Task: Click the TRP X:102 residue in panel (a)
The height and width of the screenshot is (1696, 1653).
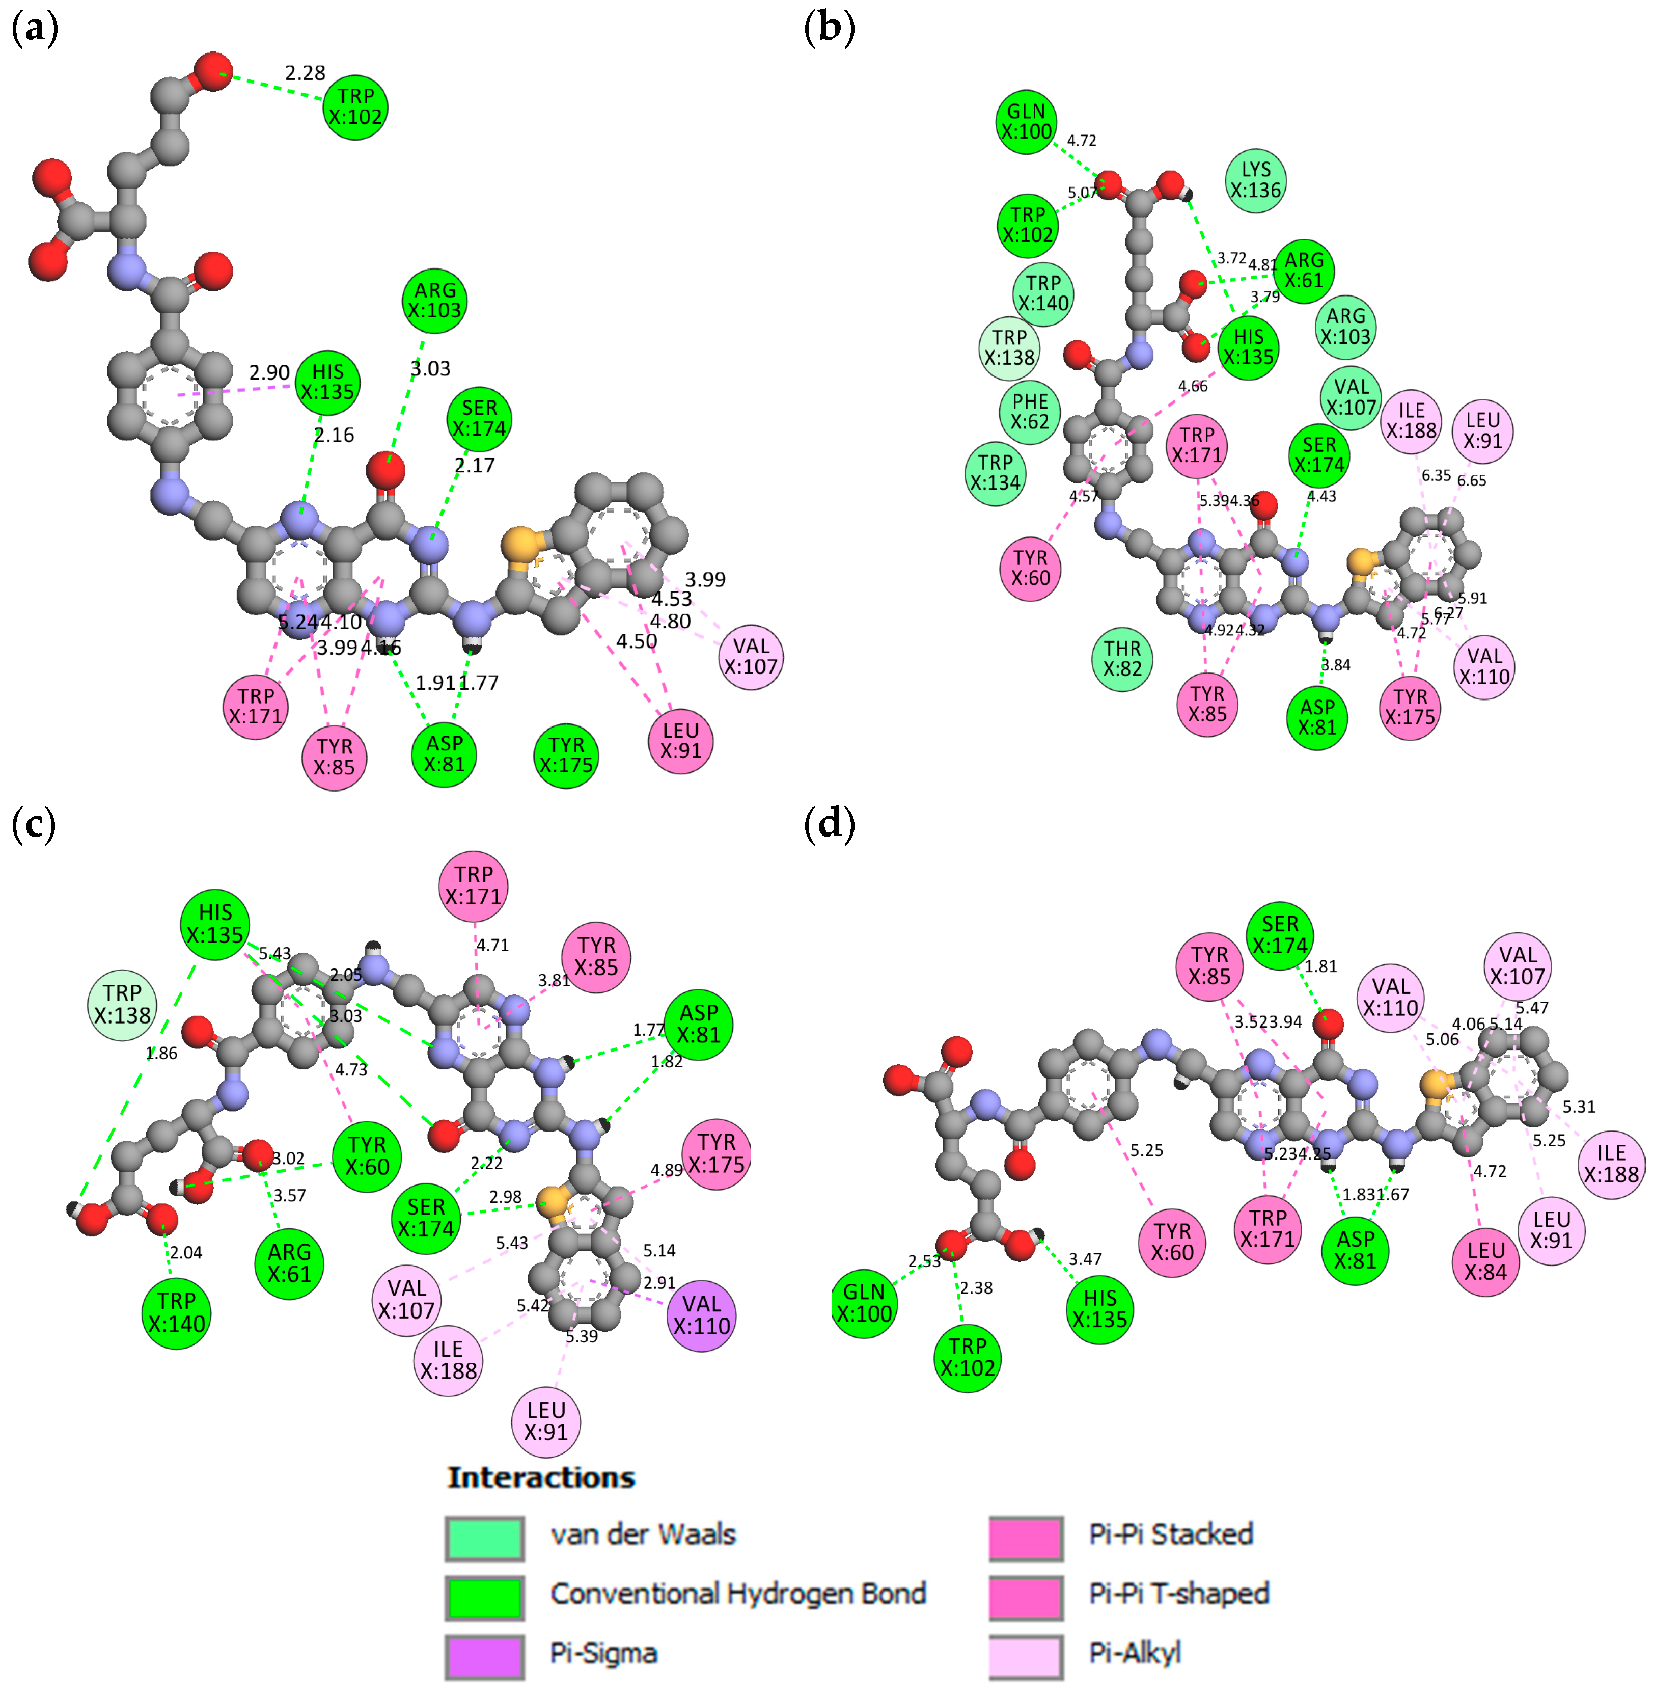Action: (355, 107)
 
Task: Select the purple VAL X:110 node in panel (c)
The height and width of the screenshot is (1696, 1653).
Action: (701, 1315)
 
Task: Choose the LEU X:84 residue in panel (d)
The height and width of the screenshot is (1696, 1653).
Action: (1485, 1262)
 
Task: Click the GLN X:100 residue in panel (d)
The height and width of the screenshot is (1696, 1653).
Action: (864, 1303)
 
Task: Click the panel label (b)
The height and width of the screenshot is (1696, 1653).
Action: (829, 28)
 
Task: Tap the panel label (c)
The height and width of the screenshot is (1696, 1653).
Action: (34, 824)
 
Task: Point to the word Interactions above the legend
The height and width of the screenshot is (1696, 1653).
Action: (541, 1477)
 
